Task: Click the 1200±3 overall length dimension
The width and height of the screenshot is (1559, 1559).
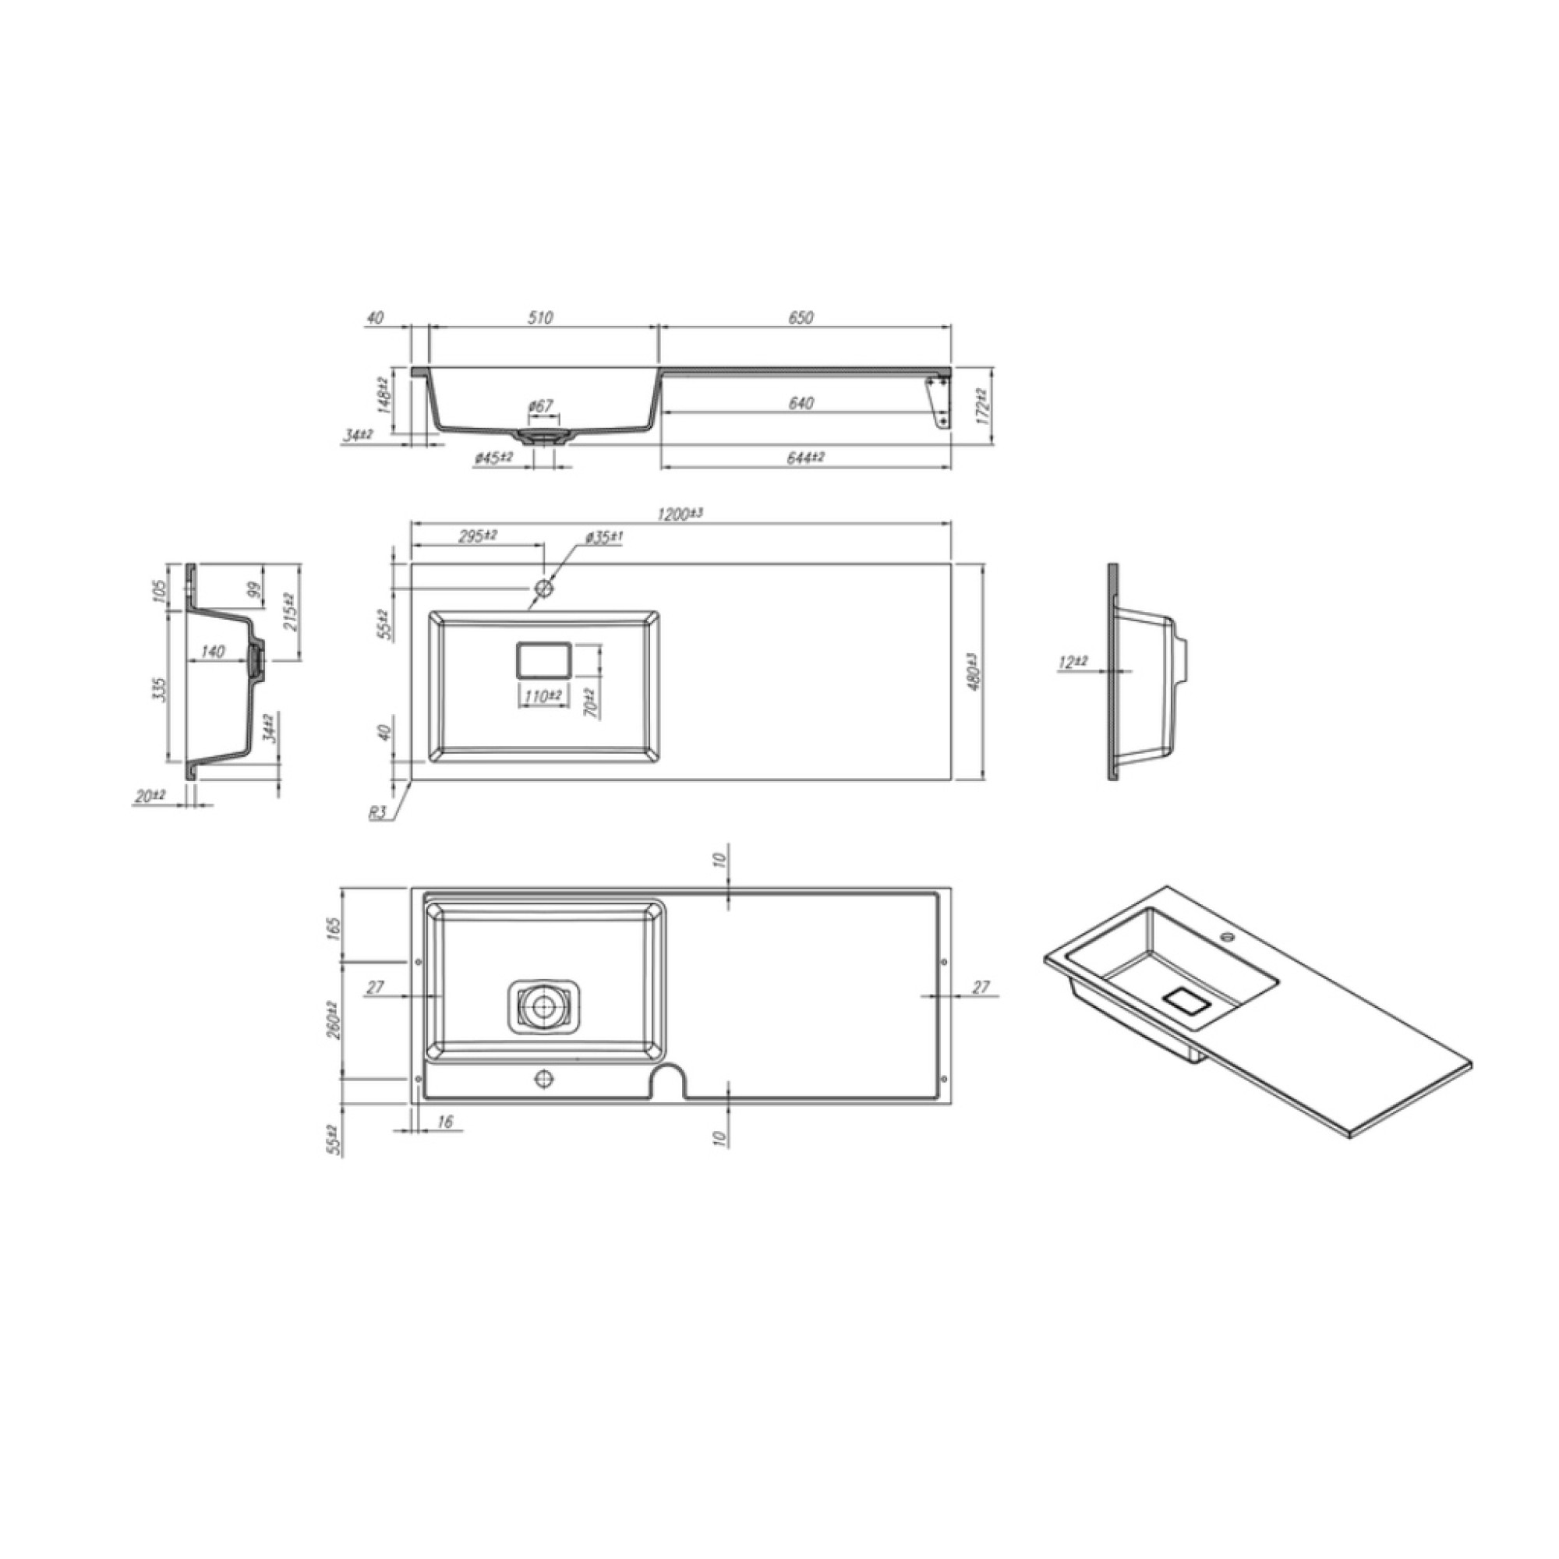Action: pyautogui.click(x=681, y=513)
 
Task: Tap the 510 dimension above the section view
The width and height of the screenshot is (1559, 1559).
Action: pyautogui.click(x=540, y=318)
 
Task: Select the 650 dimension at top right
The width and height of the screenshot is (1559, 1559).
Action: pyautogui.click(x=800, y=318)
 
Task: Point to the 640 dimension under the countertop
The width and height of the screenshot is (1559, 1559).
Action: pyautogui.click(x=800, y=403)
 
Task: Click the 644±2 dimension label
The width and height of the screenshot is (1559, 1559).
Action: pyautogui.click(x=804, y=458)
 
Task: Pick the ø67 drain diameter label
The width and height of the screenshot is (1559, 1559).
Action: pyautogui.click(x=542, y=406)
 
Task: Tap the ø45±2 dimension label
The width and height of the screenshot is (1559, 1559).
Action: pyautogui.click(x=493, y=458)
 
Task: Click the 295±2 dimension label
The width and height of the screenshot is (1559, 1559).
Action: pyautogui.click(x=478, y=536)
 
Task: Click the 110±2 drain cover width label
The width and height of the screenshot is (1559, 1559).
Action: pyautogui.click(x=543, y=695)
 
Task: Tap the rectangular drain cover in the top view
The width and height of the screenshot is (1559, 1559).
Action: pyautogui.click(x=544, y=660)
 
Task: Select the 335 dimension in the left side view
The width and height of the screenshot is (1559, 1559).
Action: pyautogui.click(x=160, y=688)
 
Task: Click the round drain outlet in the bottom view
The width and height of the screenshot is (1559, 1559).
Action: pyautogui.click(x=543, y=1006)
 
